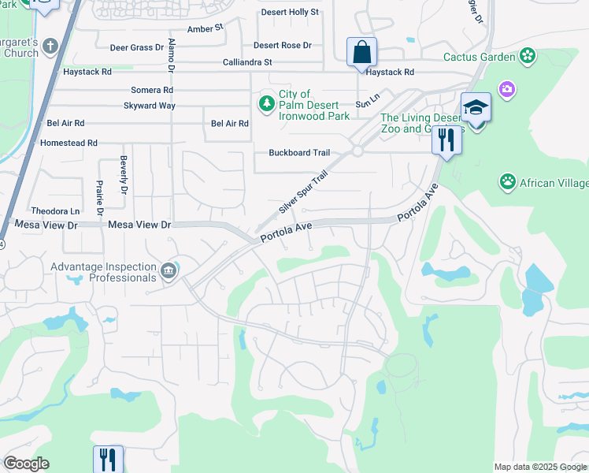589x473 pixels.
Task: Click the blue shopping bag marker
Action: [x=361, y=53]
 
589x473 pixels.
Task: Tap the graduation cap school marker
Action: [x=476, y=106]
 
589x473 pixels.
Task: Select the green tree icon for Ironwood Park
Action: [x=268, y=102]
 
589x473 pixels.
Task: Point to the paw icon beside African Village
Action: [x=508, y=183]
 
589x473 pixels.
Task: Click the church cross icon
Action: [x=51, y=45]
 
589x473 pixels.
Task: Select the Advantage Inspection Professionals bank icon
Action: [x=168, y=272]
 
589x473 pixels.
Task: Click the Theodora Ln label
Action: [x=55, y=211]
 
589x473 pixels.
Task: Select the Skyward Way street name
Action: [x=150, y=106]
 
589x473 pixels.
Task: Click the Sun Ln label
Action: [x=367, y=103]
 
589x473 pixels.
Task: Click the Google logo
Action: [x=26, y=464]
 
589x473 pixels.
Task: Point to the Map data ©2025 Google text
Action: [x=540, y=467]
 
